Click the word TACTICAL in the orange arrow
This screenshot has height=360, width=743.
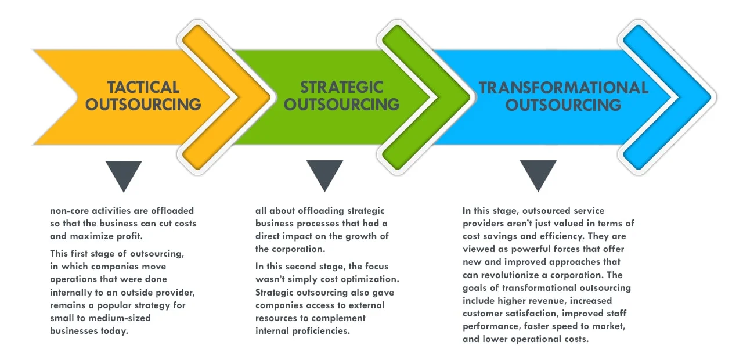(143, 87)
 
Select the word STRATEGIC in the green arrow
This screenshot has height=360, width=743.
(342, 87)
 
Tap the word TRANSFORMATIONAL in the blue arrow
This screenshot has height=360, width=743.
(563, 88)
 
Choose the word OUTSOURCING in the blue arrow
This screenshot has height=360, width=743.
(563, 105)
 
